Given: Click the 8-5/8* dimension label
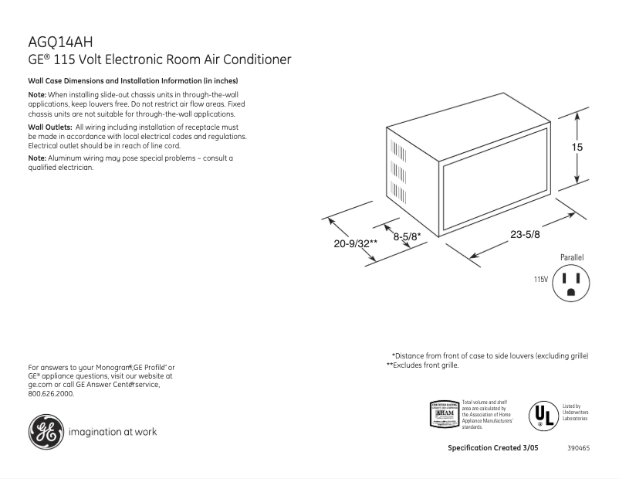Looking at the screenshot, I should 406,237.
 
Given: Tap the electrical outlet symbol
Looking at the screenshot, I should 571,284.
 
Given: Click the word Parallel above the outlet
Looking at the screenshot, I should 572,257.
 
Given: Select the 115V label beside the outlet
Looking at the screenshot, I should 540,280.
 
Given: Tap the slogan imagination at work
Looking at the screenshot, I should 113,432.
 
